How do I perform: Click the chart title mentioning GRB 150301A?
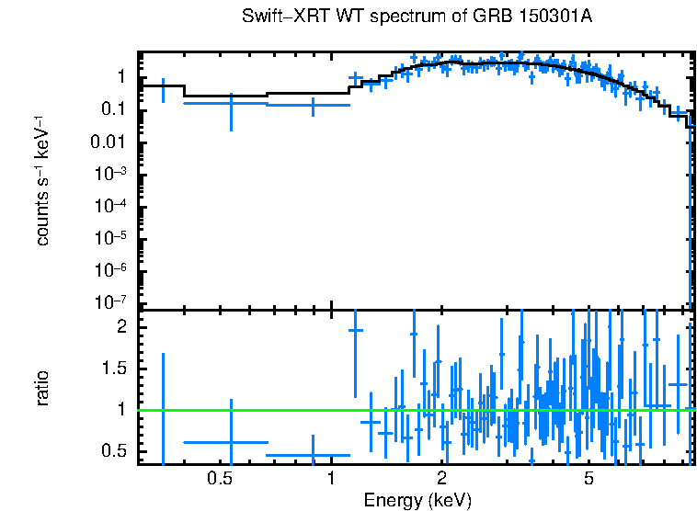pyautogui.click(x=417, y=17)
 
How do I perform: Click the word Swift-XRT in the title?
pyautogui.click(x=274, y=17)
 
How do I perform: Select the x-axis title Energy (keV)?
pyautogui.click(x=417, y=500)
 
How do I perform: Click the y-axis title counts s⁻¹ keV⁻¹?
pyautogui.click(x=43, y=180)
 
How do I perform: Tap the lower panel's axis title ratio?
pyautogui.click(x=43, y=388)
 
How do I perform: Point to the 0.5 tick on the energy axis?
pyautogui.click(x=219, y=478)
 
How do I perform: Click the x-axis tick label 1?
pyautogui.click(x=331, y=478)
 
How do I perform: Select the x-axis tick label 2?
pyautogui.click(x=442, y=478)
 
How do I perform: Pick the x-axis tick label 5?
pyautogui.click(x=589, y=478)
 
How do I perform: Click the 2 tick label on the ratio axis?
pyautogui.click(x=120, y=326)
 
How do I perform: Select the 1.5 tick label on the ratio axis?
pyautogui.click(x=113, y=368)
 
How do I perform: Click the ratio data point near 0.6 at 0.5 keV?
pyautogui.click(x=231, y=442)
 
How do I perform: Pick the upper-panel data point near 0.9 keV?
pyautogui.click(x=313, y=105)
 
